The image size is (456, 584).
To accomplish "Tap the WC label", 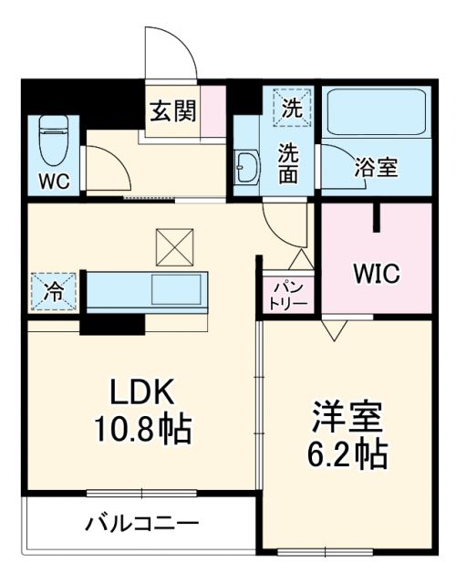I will click(x=52, y=180).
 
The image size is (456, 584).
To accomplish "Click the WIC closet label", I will click(x=376, y=273).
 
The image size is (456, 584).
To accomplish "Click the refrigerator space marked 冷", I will click(x=54, y=292).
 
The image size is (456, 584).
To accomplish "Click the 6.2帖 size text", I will click(x=349, y=453).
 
